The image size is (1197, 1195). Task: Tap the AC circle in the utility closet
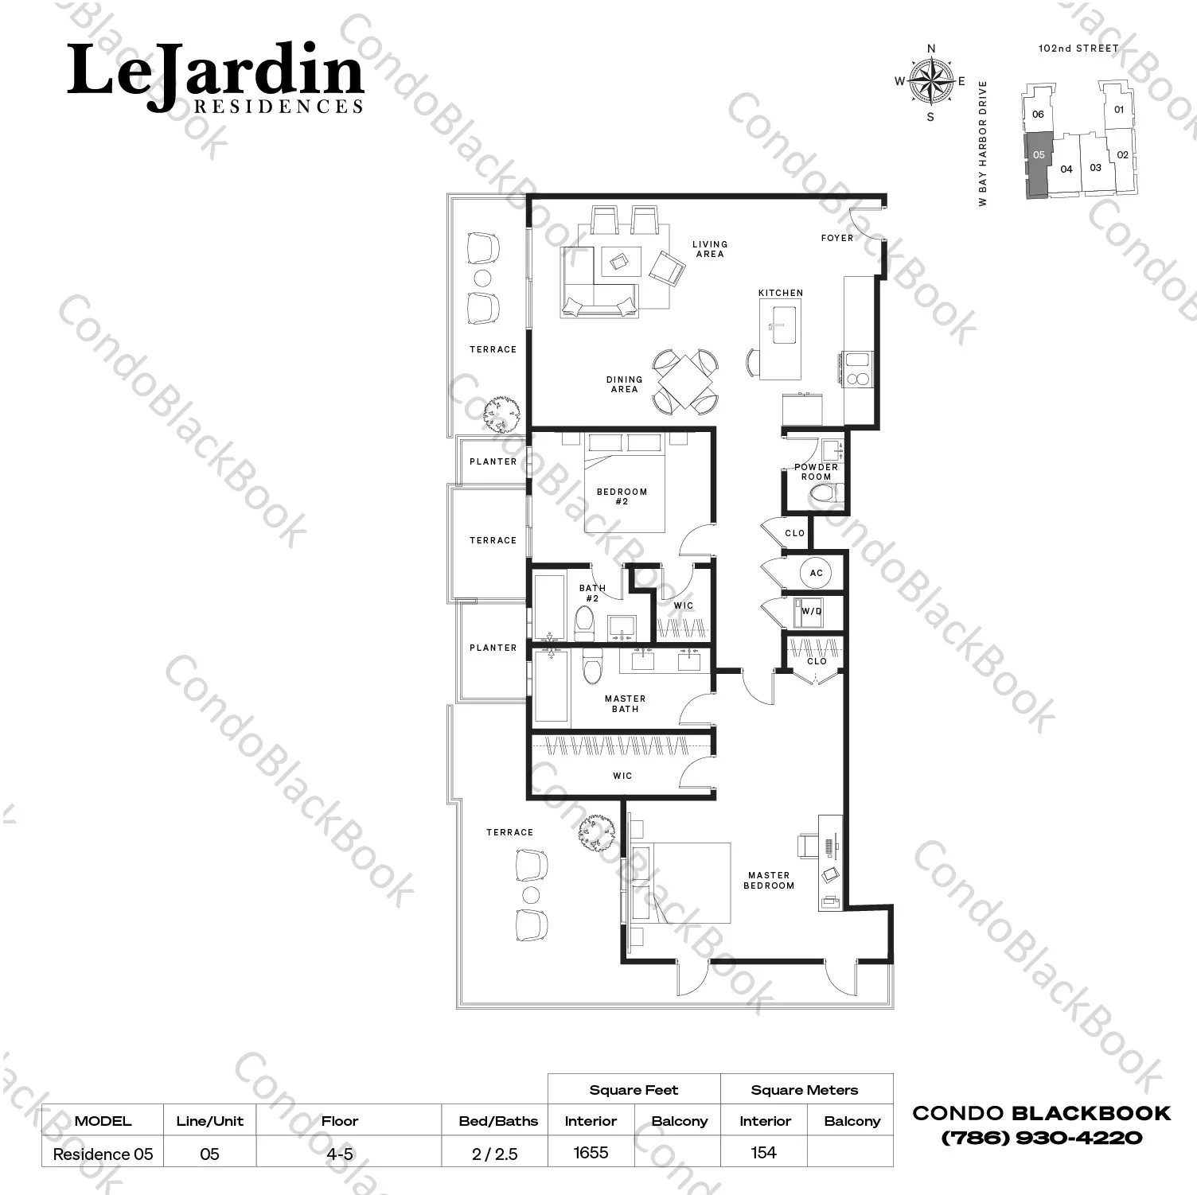point(816,573)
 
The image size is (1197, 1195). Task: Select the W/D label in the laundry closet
point(812,612)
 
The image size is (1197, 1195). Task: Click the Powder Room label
point(816,472)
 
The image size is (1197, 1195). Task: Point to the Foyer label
point(837,238)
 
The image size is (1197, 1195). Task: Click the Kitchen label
point(781,293)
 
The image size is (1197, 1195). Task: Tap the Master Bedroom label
point(769,880)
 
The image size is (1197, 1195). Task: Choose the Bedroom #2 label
point(622,496)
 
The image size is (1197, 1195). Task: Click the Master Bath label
point(625,703)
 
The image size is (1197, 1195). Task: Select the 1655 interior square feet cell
point(591,1152)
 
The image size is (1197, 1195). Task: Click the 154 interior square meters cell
point(763,1152)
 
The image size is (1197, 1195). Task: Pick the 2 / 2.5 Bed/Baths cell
point(494,1154)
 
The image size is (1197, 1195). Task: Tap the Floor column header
point(340,1121)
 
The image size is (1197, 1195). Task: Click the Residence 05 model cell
point(103,1154)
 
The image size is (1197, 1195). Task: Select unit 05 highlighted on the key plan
point(1037,164)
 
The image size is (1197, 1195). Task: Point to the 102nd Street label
point(1078,49)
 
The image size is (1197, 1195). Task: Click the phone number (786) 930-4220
point(1042,1138)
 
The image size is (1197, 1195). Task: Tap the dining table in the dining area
point(686,381)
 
